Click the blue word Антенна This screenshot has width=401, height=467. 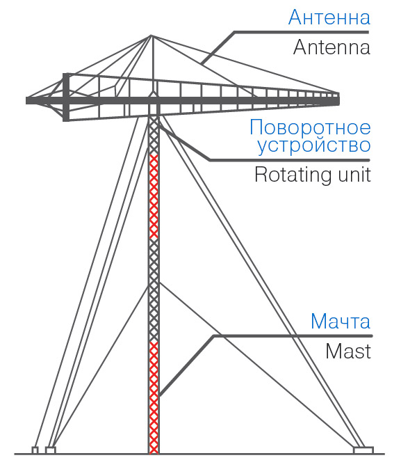329,17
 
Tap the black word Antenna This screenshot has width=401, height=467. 332,47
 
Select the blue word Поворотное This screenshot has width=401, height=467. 310,127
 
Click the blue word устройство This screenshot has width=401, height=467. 314,146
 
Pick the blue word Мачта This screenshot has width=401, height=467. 341,322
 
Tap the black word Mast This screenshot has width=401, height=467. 348,351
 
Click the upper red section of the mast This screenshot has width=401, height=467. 154,196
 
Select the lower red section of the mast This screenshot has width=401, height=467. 154,397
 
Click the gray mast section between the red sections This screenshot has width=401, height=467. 154,290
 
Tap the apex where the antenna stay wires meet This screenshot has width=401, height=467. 152,35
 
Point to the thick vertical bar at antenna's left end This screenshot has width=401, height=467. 66,97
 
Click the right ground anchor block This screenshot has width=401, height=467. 363,450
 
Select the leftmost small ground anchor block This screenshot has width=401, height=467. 35,450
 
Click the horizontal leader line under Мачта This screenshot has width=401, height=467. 293,336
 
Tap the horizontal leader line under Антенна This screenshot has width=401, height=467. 302,32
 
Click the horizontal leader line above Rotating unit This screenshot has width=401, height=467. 289,160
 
